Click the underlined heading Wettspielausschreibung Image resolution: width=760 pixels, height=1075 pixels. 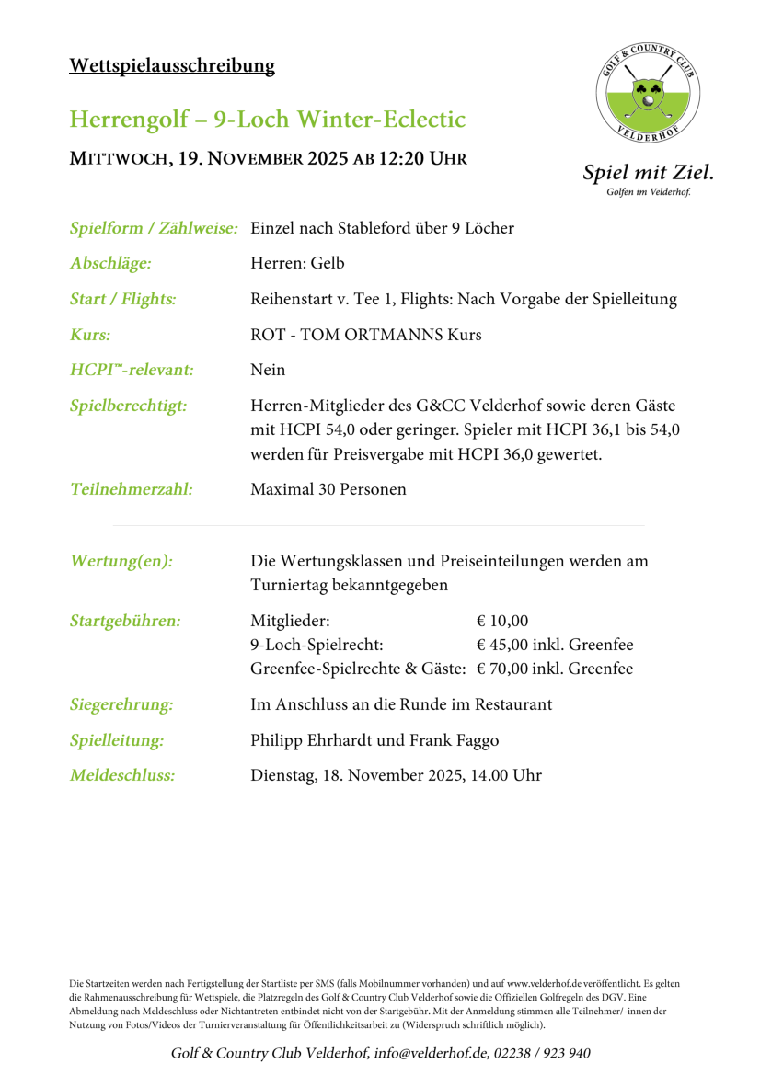point(172,65)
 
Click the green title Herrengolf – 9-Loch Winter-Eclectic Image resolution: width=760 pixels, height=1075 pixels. point(268,120)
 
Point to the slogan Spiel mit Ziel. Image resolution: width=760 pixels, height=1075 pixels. point(648,172)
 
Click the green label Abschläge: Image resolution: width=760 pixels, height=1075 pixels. point(110,264)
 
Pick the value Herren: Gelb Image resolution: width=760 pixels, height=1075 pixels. point(297,264)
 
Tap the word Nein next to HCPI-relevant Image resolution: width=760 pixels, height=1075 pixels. point(268,370)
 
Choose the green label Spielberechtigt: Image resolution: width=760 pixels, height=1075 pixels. point(129,406)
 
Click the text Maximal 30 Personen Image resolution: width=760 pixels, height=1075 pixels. point(328,489)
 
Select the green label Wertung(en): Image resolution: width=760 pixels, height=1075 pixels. point(121,561)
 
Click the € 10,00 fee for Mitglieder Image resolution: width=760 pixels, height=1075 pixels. point(503,620)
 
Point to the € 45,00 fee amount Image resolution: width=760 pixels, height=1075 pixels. point(504,645)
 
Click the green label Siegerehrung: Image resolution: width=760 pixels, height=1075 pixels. point(121,705)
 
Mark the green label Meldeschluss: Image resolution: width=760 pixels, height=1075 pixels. point(122,775)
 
